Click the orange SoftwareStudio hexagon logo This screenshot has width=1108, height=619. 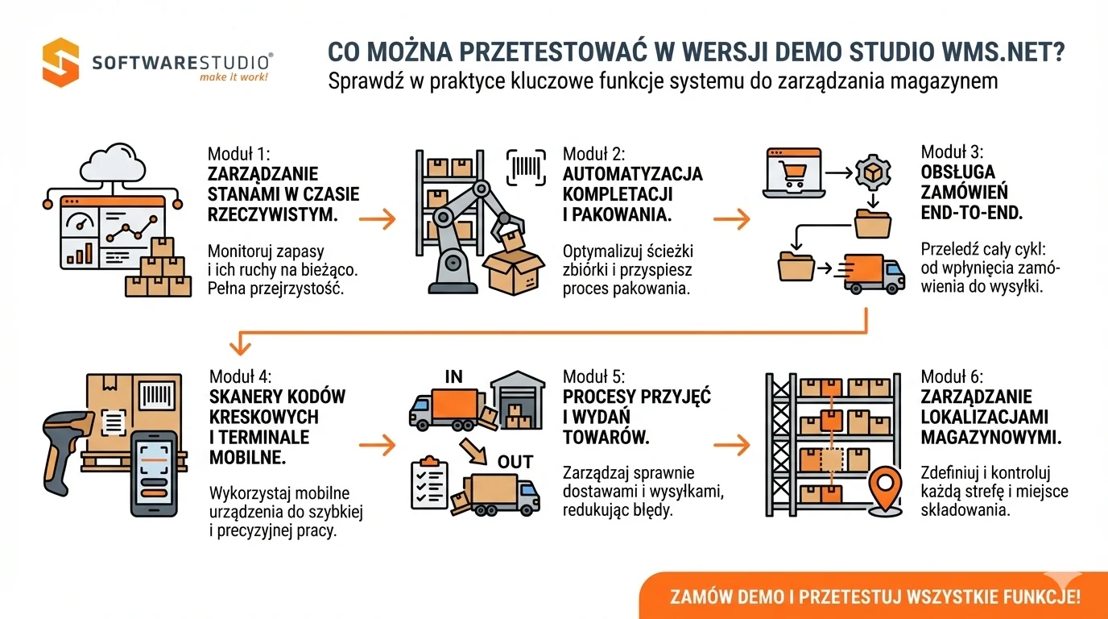pos(61,62)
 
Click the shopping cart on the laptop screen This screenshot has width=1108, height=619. pos(794,172)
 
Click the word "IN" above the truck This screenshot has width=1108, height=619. pos(453,377)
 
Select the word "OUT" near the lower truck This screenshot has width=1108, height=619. pos(515,462)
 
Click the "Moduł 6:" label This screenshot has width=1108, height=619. pos(952,376)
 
